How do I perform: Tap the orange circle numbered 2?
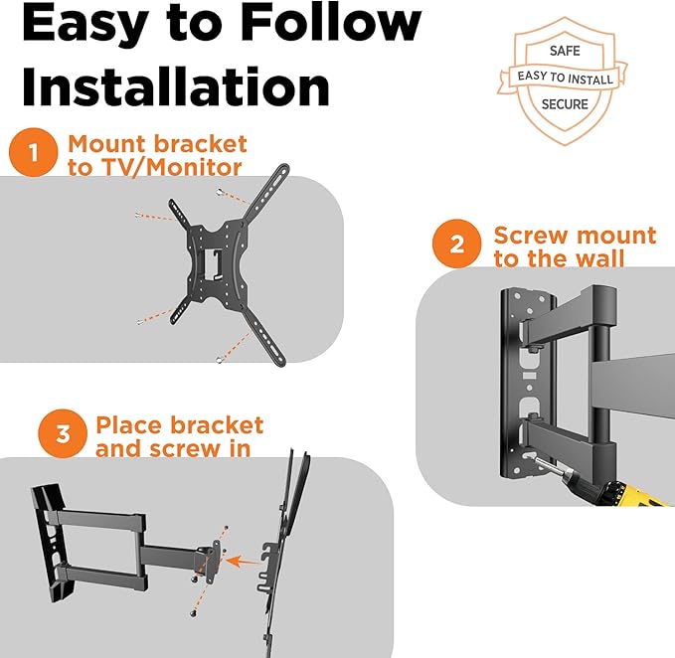coord(456,245)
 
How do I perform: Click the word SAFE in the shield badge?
coord(563,50)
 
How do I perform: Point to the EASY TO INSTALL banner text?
coord(564,77)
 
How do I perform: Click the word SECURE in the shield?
coord(564,103)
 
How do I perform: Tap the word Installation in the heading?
coord(175,86)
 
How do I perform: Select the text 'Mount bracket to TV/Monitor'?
coord(156,155)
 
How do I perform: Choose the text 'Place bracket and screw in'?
coord(179,435)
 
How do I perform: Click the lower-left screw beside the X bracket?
coord(133,320)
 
